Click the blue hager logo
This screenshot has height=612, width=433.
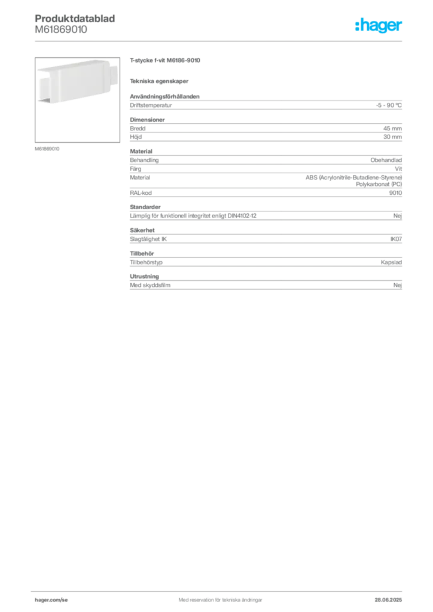[379, 26]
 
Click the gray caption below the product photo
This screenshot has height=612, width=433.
[48, 148]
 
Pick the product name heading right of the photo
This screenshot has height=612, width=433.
[164, 61]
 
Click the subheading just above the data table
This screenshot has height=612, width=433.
[160, 81]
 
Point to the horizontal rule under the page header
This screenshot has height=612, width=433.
[220, 41]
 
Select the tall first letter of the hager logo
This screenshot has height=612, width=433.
[356, 26]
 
